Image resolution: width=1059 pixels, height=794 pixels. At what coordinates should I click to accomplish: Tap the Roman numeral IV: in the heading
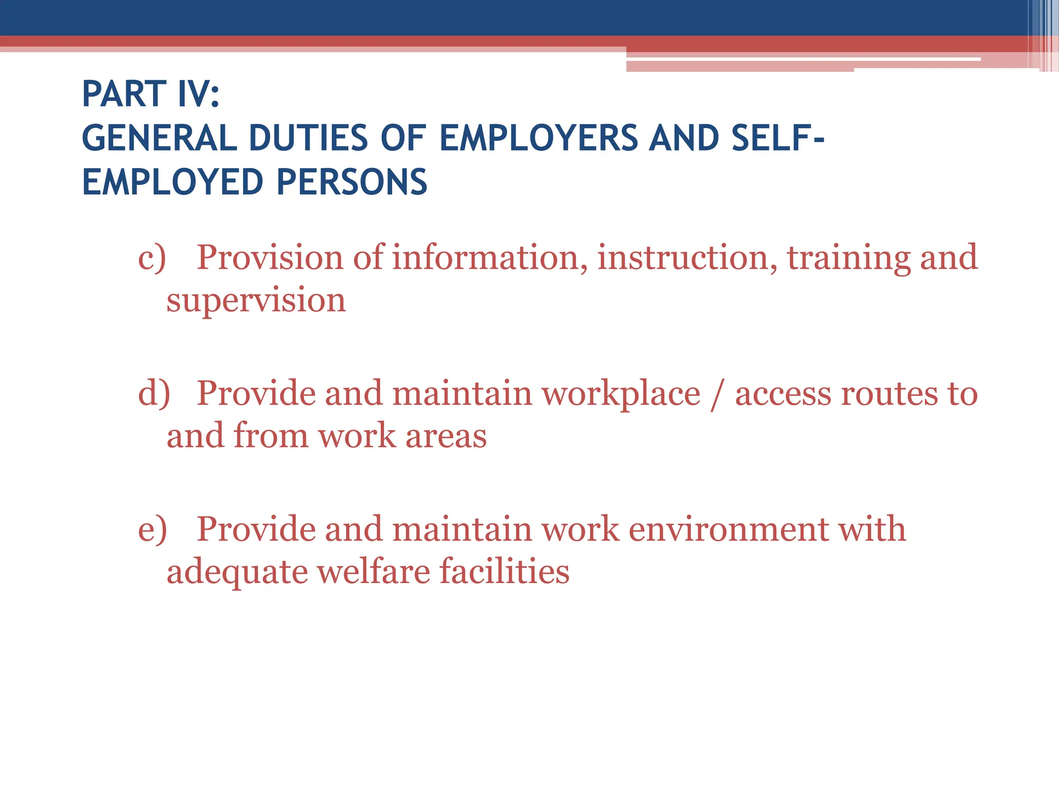[x=199, y=94]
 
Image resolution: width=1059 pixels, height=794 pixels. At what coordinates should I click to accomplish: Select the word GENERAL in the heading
[x=159, y=138]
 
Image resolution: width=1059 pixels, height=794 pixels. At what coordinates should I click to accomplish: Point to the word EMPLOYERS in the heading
[x=538, y=138]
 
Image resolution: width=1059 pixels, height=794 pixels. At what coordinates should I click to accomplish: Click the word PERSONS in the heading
[x=352, y=182]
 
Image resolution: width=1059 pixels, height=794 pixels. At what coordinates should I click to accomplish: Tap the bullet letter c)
[x=152, y=257]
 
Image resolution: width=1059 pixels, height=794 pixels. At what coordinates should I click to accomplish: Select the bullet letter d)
[x=154, y=393]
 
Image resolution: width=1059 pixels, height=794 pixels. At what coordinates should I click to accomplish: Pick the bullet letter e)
[x=152, y=529]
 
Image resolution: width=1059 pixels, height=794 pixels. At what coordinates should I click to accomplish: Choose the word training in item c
[x=849, y=257]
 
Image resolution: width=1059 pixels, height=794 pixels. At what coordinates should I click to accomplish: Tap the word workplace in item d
[x=621, y=393]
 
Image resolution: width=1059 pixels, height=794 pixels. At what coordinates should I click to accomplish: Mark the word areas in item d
[x=446, y=435]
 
